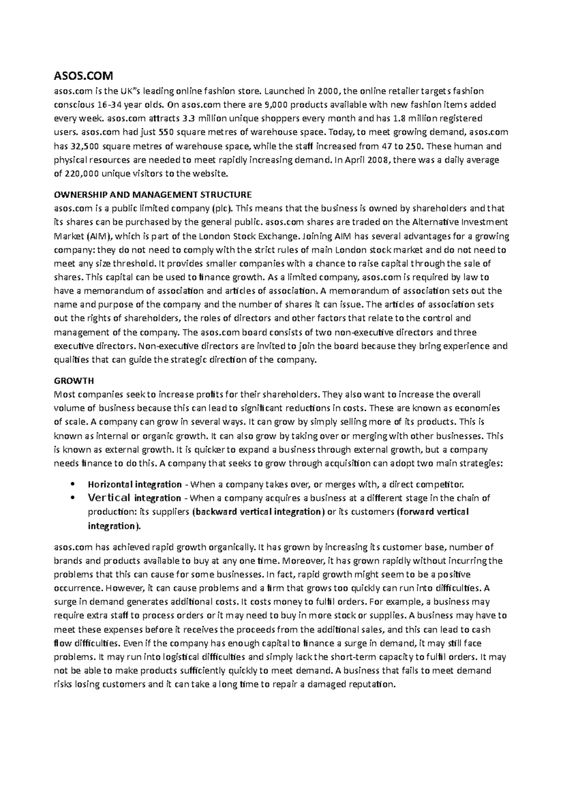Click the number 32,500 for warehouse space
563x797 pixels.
[x=84, y=146]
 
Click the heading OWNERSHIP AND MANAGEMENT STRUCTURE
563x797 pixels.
[x=153, y=194]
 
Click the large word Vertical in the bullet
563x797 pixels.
[x=109, y=498]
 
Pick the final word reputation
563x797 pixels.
[x=373, y=684]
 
